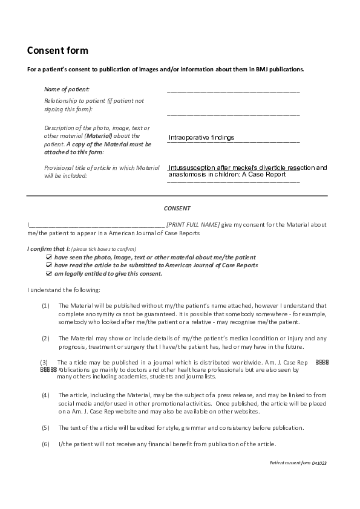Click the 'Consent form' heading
57,50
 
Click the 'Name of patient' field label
67,89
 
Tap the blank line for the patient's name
233,91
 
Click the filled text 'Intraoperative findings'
201,138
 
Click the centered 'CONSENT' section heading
177,207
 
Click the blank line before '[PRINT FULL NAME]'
97,225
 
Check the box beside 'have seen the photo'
49,257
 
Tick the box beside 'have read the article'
49,265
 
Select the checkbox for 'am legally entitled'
49,273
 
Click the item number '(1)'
45,306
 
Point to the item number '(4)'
45,395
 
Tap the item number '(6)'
45,444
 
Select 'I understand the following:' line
64,290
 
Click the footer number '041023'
320,462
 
